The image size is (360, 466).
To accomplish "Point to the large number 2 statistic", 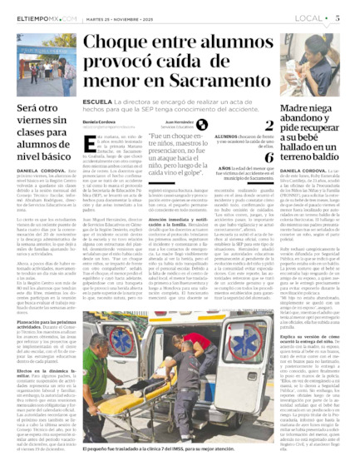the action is [x=269, y=126].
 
